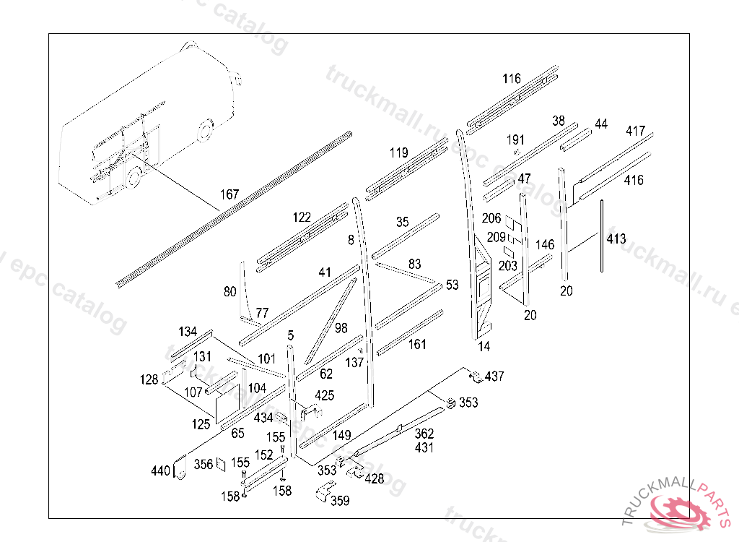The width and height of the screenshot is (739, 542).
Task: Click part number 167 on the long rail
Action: [229, 194]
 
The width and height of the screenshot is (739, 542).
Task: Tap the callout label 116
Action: [512, 78]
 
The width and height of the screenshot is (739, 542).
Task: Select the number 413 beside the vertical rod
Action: [616, 238]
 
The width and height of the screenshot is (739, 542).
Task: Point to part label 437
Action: [494, 377]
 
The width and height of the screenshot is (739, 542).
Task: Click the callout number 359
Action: [340, 501]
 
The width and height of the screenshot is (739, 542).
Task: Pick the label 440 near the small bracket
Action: [160, 470]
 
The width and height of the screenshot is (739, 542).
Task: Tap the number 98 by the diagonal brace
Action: [341, 327]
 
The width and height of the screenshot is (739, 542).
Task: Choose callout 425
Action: [325, 395]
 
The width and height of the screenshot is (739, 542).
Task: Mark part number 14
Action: [484, 347]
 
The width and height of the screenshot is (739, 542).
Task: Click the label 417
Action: [635, 131]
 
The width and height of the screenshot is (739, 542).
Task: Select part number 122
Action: [302, 218]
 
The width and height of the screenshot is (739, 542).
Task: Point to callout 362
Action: [424, 434]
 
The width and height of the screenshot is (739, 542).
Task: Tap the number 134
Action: [188, 332]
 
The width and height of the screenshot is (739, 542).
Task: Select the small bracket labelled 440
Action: [180, 468]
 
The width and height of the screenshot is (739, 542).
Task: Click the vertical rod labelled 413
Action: [602, 236]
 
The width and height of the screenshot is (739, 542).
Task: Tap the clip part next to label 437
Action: [476, 377]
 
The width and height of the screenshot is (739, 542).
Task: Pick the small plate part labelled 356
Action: [221, 464]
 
